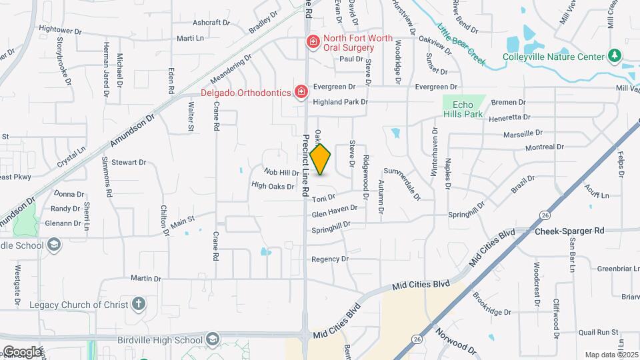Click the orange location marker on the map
point(321,159)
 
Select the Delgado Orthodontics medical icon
point(301,91)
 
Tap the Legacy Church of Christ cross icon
point(139,305)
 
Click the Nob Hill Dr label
point(281,173)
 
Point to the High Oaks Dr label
point(273,186)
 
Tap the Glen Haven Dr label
point(335,211)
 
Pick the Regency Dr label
point(330,259)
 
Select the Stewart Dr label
point(129,162)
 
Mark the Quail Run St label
point(595,331)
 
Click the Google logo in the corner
point(22,351)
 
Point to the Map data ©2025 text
point(610,355)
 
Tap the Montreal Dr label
point(545,147)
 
